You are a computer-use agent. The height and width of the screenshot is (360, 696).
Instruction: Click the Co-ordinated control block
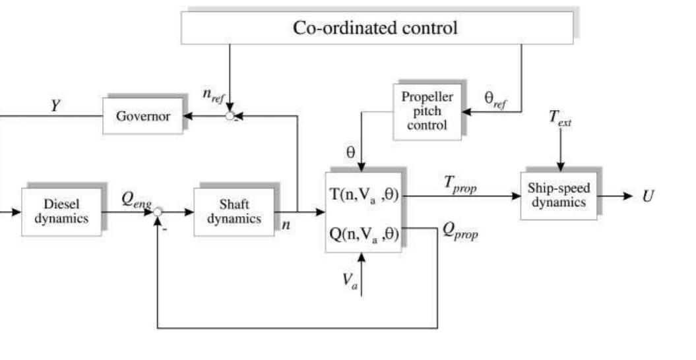377,28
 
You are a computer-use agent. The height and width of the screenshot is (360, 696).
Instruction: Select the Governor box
142,117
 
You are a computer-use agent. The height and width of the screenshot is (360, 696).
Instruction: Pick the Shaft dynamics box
234,212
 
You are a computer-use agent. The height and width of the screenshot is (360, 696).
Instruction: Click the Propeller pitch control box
427,111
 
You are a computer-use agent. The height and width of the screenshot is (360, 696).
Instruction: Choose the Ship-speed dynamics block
558,195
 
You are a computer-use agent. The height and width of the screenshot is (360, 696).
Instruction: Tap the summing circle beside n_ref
230,117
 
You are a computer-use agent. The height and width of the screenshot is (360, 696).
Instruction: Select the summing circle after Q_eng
158,212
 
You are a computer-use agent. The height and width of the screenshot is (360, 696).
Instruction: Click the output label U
648,196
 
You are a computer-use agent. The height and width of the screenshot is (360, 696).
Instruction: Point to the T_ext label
560,119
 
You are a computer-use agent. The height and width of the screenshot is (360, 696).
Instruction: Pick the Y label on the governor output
55,104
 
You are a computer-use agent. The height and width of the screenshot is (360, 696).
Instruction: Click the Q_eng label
137,200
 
